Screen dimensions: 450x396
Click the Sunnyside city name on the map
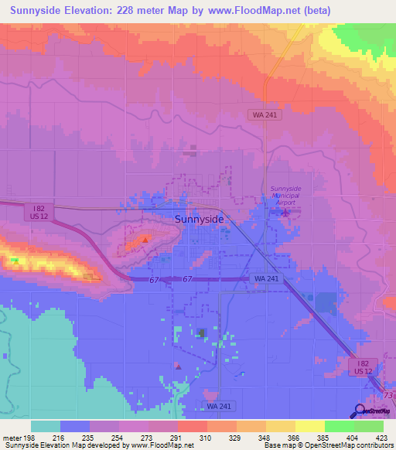pos(200,220)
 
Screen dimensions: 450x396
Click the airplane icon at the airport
pos(284,211)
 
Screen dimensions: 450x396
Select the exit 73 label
pos(389,396)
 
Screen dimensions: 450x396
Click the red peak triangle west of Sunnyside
pos(145,240)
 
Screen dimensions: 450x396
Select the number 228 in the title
pos(135,11)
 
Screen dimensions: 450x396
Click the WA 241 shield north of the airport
pos(264,114)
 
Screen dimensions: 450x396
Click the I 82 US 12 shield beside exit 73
pos(364,366)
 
